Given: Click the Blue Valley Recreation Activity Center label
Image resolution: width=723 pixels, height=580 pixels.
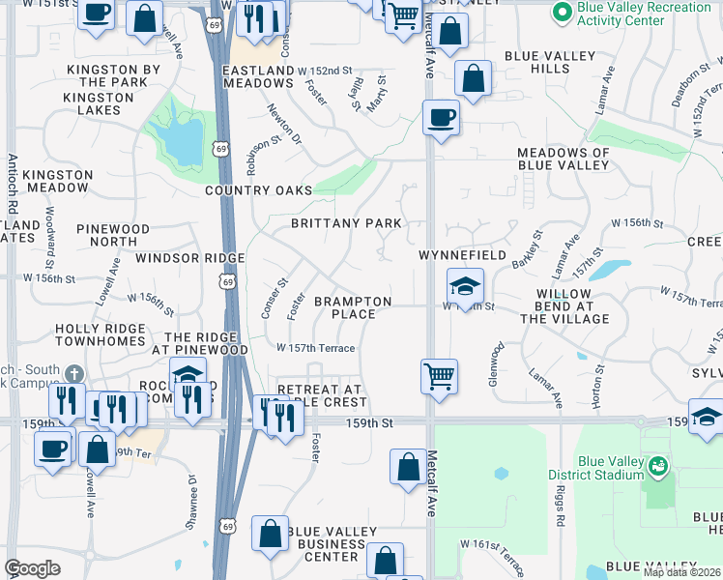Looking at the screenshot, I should (645, 14).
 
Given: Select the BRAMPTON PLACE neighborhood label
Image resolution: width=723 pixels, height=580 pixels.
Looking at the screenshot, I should (353, 307).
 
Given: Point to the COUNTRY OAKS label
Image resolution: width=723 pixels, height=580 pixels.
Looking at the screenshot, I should (259, 190).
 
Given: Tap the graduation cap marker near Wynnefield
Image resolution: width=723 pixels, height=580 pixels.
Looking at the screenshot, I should (465, 286).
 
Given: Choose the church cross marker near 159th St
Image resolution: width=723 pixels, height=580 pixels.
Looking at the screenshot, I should (73, 374).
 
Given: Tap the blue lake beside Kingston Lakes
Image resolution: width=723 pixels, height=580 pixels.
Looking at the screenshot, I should (184, 140).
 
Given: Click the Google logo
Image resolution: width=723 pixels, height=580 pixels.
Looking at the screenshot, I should (32, 567).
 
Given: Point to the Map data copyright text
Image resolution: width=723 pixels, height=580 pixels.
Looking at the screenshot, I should (682, 572).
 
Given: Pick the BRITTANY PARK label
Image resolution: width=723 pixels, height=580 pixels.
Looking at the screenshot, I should (346, 223).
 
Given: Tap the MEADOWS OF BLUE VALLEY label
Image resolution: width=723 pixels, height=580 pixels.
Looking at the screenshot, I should (564, 159).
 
